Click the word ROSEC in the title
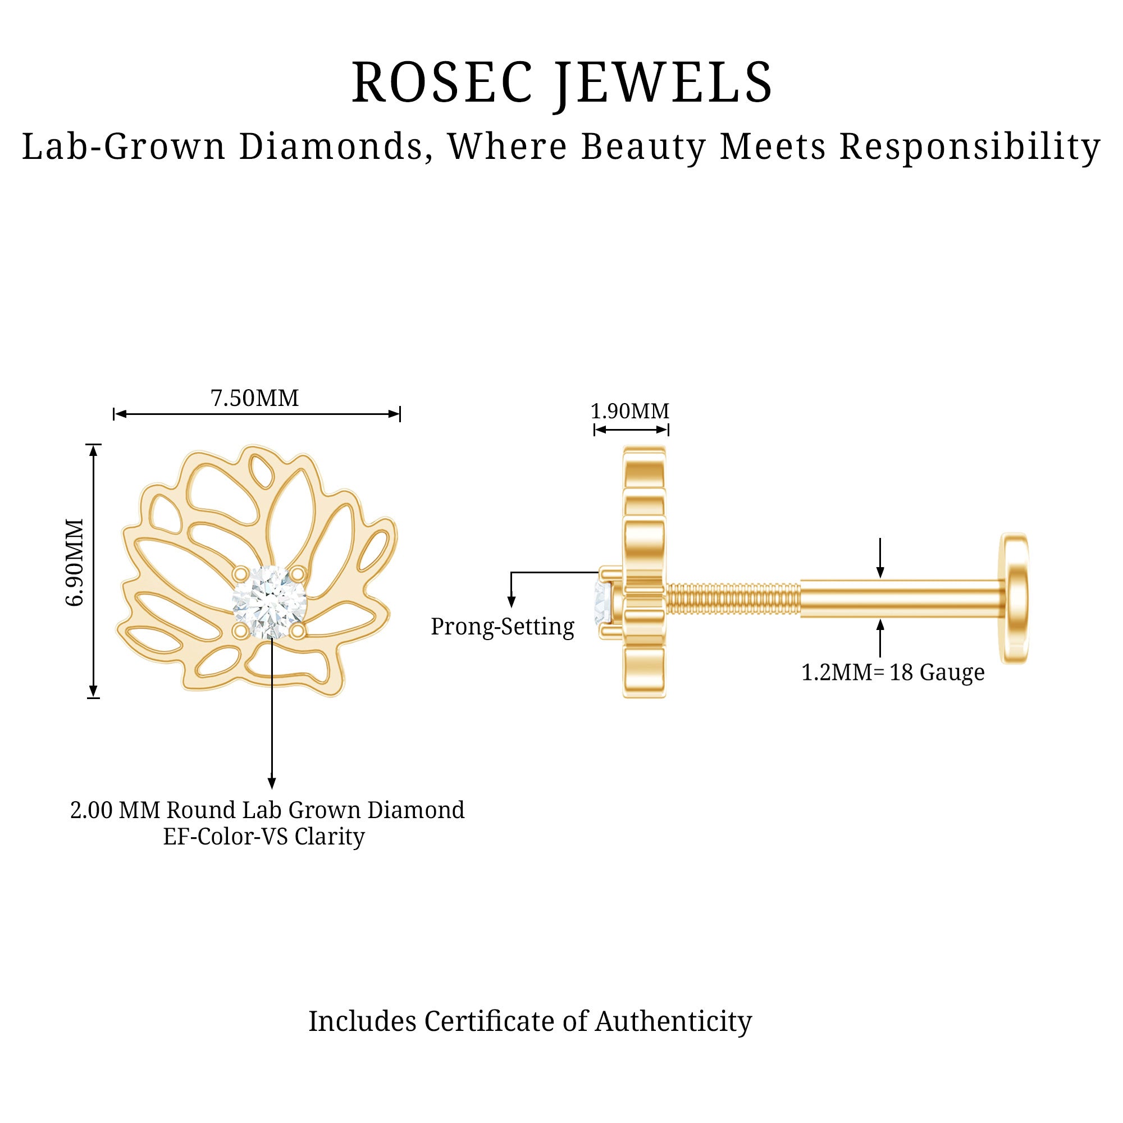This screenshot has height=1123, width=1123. tap(442, 83)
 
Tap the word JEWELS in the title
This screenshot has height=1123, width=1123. tap(664, 83)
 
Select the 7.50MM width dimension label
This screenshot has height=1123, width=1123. tap(254, 399)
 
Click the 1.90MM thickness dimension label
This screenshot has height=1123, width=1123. tap(630, 412)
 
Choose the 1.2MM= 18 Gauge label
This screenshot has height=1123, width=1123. tap(893, 673)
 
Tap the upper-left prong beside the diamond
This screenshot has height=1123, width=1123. tap(239, 574)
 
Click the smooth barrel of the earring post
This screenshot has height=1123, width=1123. tap(901, 599)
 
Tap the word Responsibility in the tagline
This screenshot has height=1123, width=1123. tap(970, 147)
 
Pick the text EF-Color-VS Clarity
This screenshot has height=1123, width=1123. tap(264, 837)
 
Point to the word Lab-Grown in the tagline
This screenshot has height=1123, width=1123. tap(124, 147)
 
